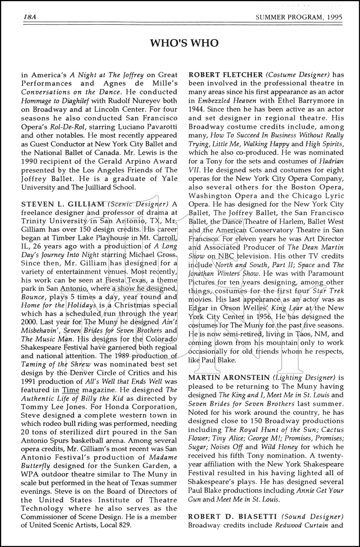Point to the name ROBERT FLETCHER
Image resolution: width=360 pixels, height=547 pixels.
click(225, 75)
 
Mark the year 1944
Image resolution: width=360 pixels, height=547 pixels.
click(196, 109)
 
